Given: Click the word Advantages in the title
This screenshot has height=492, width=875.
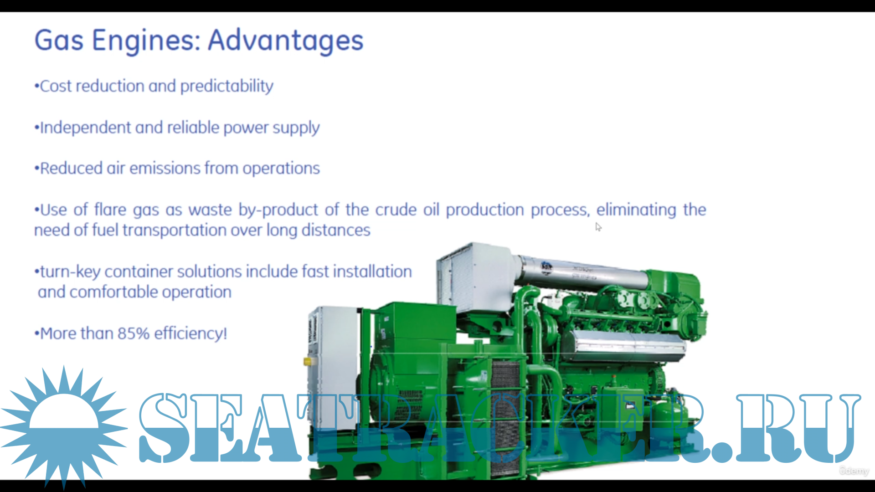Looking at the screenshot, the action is (286, 41).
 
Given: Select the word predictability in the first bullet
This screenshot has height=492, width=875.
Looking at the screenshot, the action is (227, 87).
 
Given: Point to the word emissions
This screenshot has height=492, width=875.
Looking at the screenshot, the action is (165, 169).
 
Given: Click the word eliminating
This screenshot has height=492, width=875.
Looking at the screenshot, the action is (636, 210).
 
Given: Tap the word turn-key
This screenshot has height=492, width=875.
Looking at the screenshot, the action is (70, 272).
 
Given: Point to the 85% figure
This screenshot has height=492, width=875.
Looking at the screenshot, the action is (134, 333).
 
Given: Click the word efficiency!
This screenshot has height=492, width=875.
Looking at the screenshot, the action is (190, 333).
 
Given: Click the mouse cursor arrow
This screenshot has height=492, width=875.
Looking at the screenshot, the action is (598, 227).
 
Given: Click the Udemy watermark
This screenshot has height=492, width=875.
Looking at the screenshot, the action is (854, 471).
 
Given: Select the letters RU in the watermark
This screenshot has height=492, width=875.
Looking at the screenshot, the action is (798, 428).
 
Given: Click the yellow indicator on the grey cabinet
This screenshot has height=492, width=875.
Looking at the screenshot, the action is (308, 362).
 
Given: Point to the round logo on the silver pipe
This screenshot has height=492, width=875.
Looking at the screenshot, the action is (546, 268).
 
